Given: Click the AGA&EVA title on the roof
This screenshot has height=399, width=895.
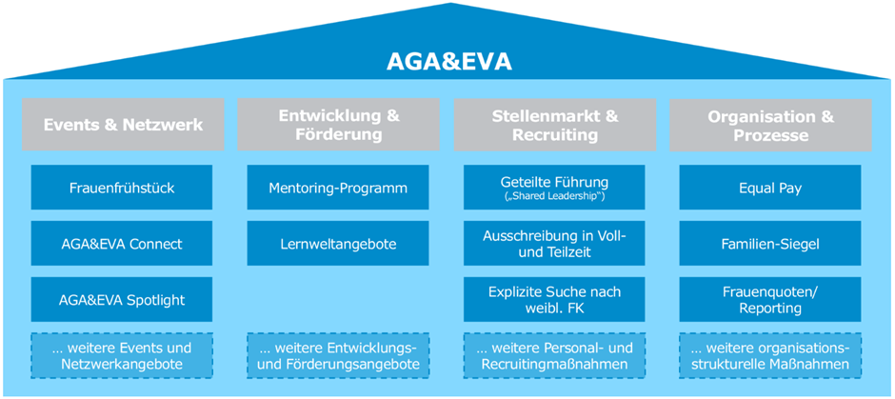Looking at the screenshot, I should tap(448, 62).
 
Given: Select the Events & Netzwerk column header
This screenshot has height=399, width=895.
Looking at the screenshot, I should tap(123, 125).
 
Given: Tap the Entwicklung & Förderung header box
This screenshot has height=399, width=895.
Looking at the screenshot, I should tap(339, 125).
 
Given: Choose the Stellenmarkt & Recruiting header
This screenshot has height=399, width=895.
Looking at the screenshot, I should tap(555, 125).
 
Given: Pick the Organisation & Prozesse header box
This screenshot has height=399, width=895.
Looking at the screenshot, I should tap(770, 125).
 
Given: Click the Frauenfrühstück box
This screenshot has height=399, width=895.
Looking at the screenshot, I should tap(123, 188).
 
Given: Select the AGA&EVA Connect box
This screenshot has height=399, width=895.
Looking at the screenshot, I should tap(123, 244).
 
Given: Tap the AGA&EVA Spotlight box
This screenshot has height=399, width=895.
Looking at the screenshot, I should tap(123, 300).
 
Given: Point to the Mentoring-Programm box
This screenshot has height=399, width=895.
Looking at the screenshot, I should tap(339, 188).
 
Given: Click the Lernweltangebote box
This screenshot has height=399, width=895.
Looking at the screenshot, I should tap(339, 244).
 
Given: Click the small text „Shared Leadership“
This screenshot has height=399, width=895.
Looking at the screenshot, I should tap(555, 197).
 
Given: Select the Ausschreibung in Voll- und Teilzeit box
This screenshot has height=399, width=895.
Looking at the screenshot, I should tap(555, 244).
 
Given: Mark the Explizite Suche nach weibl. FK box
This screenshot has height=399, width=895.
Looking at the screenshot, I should tap(555, 300).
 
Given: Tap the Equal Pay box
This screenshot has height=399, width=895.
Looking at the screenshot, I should tap(770, 188).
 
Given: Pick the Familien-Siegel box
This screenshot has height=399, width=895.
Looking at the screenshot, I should tap(770, 244).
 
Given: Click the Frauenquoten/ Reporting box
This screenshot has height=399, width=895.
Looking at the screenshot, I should tap(770, 300).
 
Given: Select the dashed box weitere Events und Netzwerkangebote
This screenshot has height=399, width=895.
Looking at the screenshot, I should tap(123, 355).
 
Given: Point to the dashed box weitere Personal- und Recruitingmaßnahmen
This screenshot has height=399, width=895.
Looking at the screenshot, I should tap(555, 355).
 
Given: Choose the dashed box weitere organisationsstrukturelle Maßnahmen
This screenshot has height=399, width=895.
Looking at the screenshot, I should tap(770, 355).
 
